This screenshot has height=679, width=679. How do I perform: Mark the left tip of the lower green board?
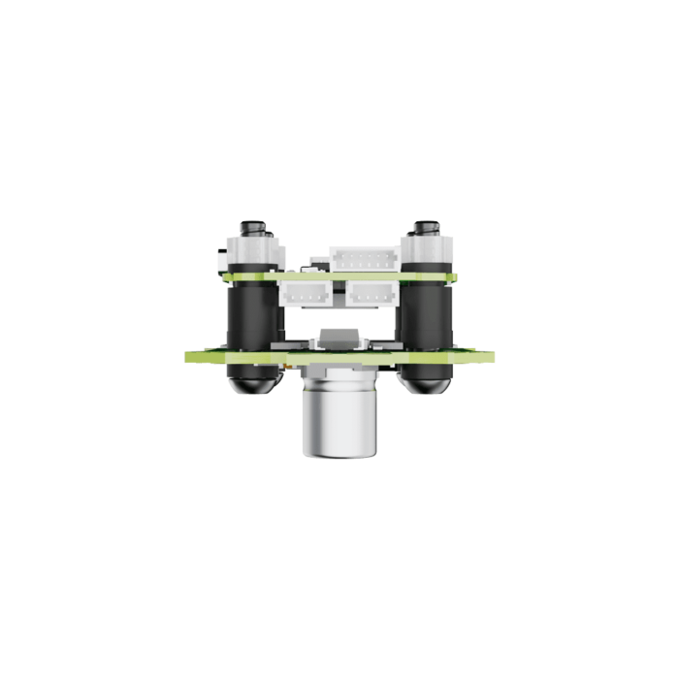(x=187, y=357)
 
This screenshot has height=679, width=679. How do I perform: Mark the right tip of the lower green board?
(x=494, y=357)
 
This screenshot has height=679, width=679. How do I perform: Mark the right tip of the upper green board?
(x=452, y=277)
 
